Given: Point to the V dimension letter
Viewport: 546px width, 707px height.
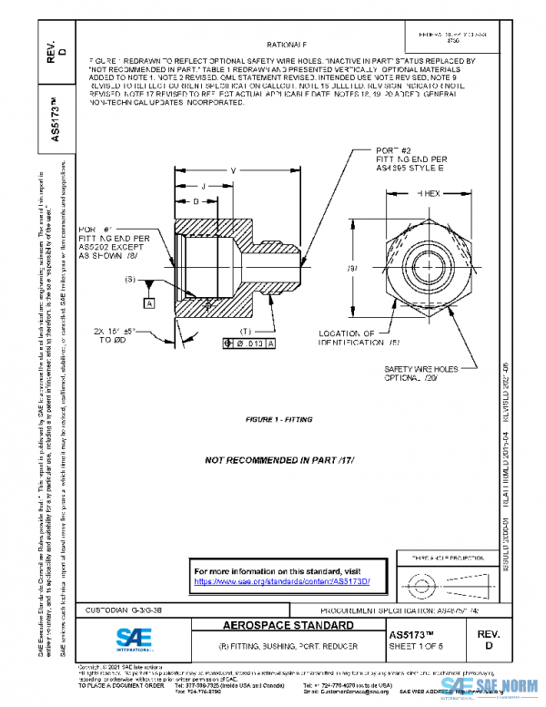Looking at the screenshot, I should pos(233,170).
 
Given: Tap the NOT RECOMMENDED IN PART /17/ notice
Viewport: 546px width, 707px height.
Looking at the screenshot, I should pos(278,461).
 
